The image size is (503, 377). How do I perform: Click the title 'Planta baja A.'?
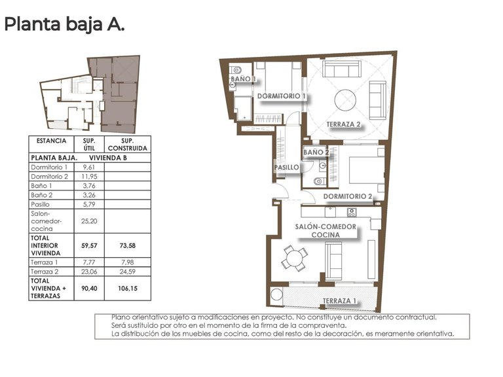tap(64, 25)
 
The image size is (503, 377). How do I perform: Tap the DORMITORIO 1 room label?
tap(282, 96)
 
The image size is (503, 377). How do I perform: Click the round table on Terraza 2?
tap(345, 100)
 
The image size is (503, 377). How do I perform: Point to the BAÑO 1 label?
tap(242, 79)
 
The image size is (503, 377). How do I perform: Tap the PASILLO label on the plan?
tap(286, 168)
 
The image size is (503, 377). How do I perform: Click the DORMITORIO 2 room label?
tap(348, 196)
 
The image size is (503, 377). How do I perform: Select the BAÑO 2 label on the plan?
tap(316, 152)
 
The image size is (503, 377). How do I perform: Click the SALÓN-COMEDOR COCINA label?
tap(326, 230)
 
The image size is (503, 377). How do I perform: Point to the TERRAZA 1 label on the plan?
tap(339, 301)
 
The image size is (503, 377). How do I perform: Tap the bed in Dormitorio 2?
tap(362, 170)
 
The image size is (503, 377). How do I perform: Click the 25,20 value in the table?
tap(89, 221)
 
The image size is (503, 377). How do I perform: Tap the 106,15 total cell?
tap(128, 287)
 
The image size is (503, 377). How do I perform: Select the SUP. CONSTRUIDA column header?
tap(128, 144)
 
